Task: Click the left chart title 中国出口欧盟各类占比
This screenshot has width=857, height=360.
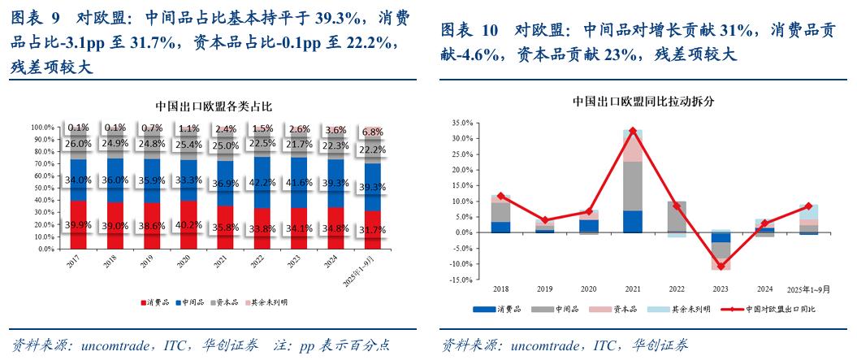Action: coord(214,106)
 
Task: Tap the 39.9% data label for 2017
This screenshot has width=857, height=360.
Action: coord(78,225)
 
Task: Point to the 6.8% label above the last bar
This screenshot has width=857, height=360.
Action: coord(373,132)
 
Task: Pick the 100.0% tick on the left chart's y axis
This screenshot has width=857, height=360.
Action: coord(41,128)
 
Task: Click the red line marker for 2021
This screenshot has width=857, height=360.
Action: coord(633,131)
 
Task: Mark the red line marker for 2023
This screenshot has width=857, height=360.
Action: coord(720,266)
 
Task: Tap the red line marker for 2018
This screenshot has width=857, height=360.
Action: coord(500,196)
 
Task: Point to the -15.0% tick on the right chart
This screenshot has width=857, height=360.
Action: coord(461,280)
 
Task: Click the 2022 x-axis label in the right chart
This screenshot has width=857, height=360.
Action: coord(676,289)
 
